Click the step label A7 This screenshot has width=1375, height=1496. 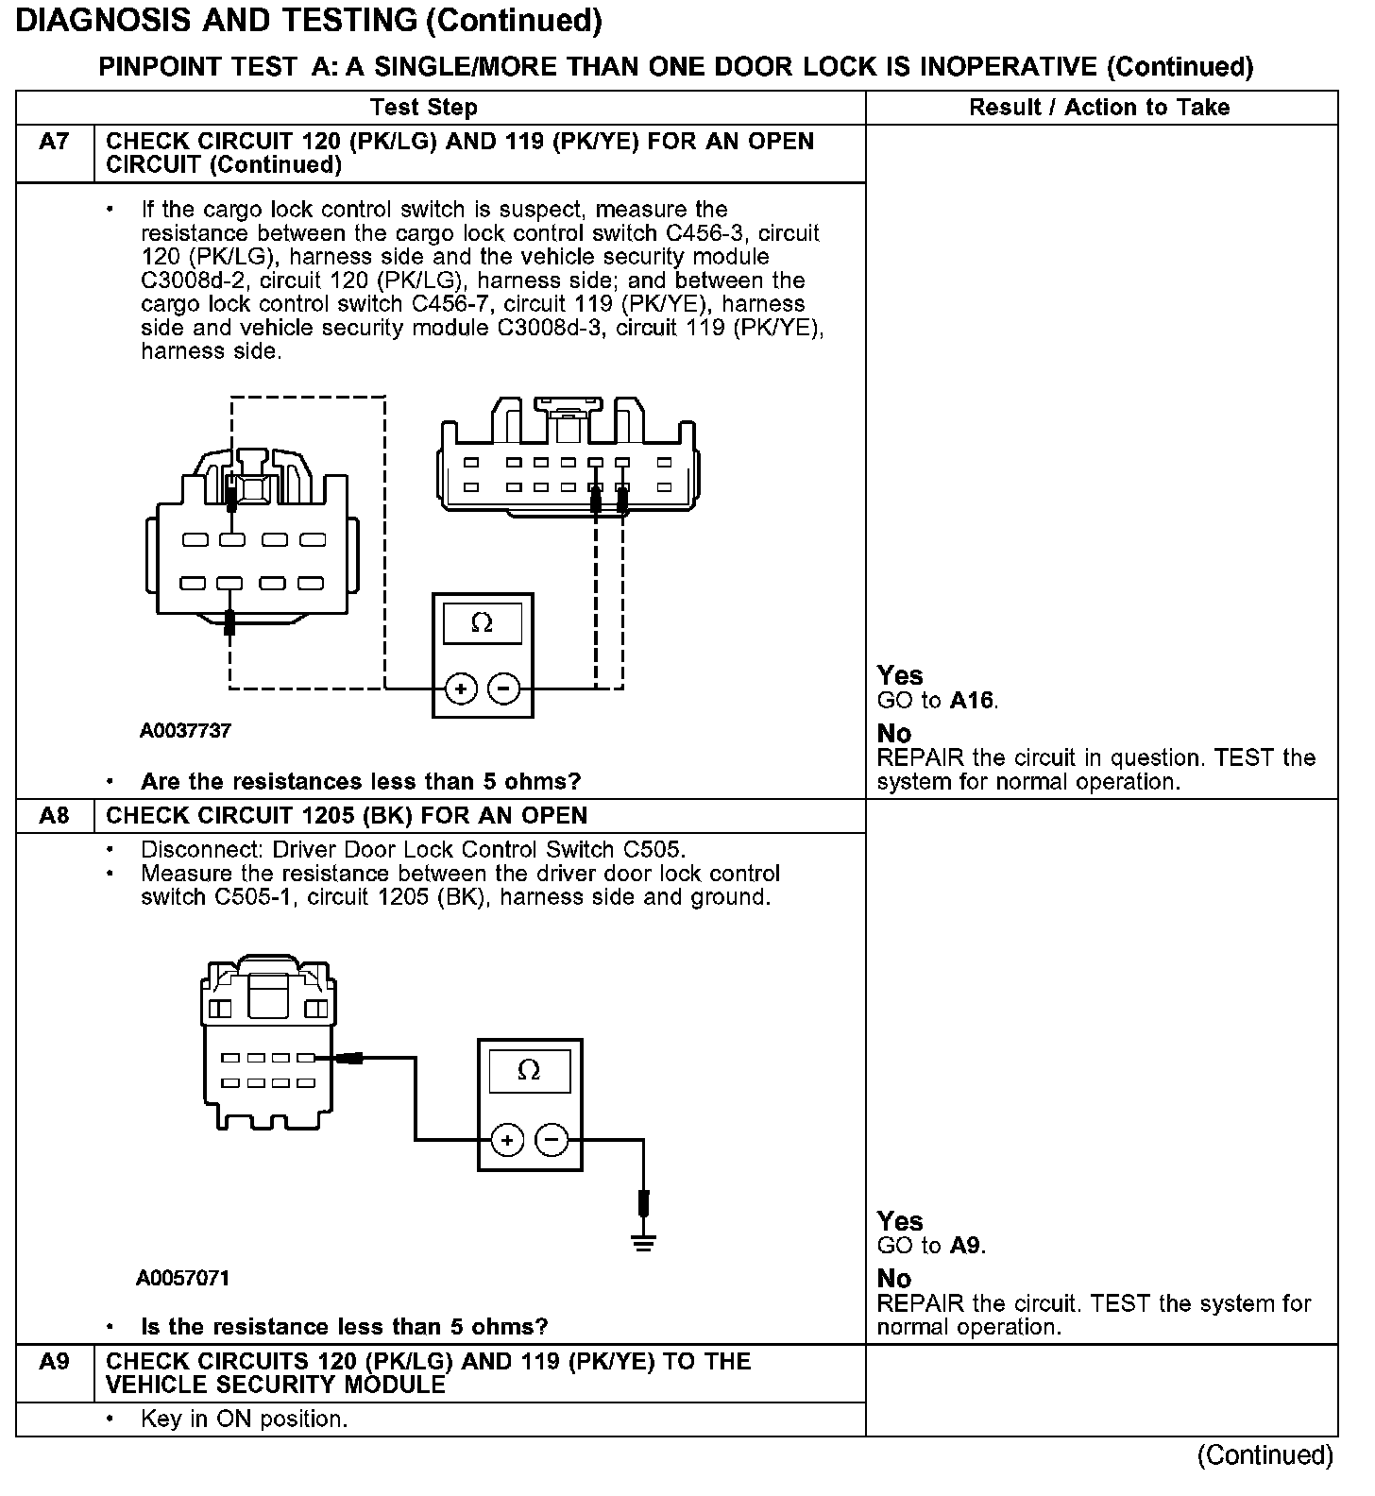[54, 142]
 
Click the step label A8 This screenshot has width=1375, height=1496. [54, 816]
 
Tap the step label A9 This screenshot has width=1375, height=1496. [54, 1362]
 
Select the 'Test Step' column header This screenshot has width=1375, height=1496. [424, 108]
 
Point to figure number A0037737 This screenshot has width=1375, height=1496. [186, 731]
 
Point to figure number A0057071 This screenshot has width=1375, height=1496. [182, 1279]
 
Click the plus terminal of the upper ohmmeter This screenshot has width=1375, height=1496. [461, 689]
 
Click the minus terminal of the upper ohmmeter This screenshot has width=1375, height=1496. [503, 689]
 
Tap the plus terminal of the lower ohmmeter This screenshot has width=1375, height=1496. [507, 1141]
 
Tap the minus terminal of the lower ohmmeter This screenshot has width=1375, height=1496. [552, 1141]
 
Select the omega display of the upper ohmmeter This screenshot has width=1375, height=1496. [482, 623]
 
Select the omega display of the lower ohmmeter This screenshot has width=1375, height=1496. [529, 1071]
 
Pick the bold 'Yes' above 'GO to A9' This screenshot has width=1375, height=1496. [900, 1221]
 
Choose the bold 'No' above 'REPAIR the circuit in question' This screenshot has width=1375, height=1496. [894, 734]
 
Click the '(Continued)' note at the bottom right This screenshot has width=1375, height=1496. [1265, 1455]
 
